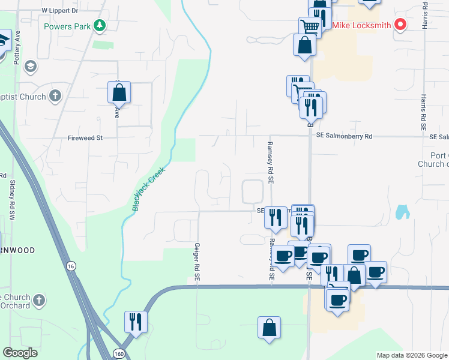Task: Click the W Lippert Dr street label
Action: (x=60, y=11)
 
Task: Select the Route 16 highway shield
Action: (x=71, y=266)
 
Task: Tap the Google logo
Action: (x=20, y=353)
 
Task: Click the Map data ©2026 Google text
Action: (x=411, y=355)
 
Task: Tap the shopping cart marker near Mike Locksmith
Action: (x=310, y=26)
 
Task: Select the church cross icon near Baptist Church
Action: (x=55, y=95)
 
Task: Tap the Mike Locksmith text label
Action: (x=362, y=26)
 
